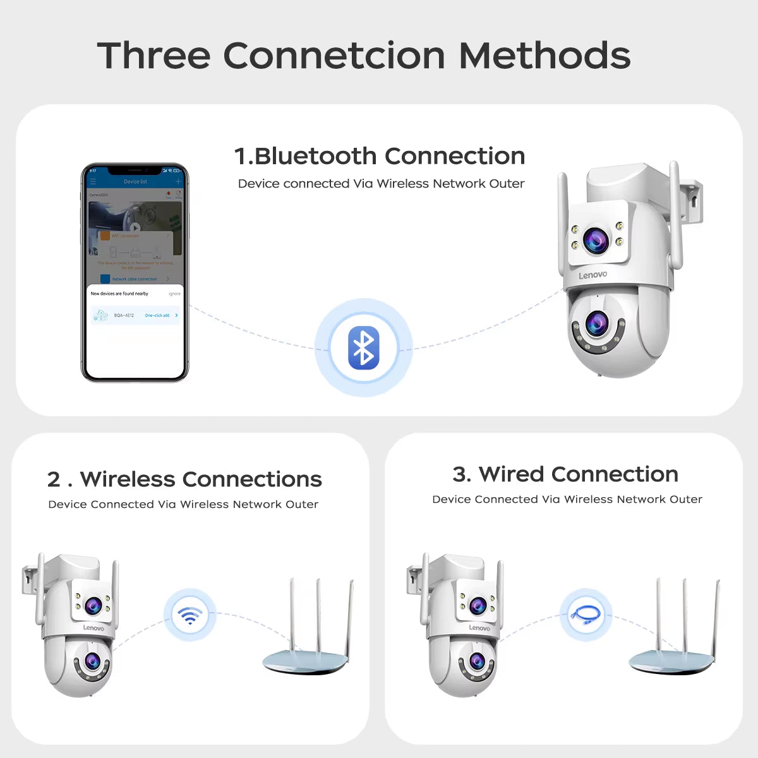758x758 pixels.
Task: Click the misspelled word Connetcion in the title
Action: [x=335, y=56]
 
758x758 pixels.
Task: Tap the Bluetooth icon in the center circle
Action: [x=363, y=348]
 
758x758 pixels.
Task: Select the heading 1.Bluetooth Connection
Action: [x=380, y=156]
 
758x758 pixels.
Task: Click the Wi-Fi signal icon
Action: [x=189, y=615]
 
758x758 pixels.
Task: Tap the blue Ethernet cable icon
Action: [x=586, y=615]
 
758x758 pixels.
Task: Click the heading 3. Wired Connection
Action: [x=565, y=474]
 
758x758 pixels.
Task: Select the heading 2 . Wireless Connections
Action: [x=184, y=479]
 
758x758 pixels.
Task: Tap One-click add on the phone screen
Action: [x=157, y=315]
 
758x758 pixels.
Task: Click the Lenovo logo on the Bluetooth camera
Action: [x=593, y=275]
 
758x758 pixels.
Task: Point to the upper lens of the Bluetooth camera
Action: [x=596, y=240]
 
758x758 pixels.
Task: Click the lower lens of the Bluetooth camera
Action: [x=596, y=324]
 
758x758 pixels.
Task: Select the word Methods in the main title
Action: [x=544, y=56]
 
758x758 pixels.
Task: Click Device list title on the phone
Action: [x=135, y=182]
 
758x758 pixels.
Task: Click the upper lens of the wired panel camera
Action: [x=478, y=605]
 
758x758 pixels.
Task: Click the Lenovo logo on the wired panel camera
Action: [x=479, y=628]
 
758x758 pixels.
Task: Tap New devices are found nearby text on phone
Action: [x=119, y=294]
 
